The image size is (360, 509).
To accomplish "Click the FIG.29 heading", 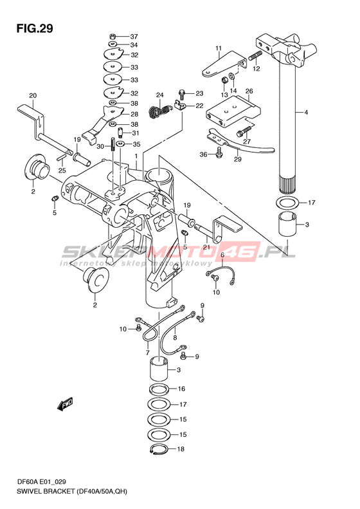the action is pos(35,28).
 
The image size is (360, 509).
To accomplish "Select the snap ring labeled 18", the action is pos(159,449).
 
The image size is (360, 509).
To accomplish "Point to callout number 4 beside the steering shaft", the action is pos(306,113).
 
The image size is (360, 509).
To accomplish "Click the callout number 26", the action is pos(249,91).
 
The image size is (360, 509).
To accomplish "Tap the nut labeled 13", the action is pos(224,79).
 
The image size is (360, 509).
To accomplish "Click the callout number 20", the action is pos(33,95).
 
